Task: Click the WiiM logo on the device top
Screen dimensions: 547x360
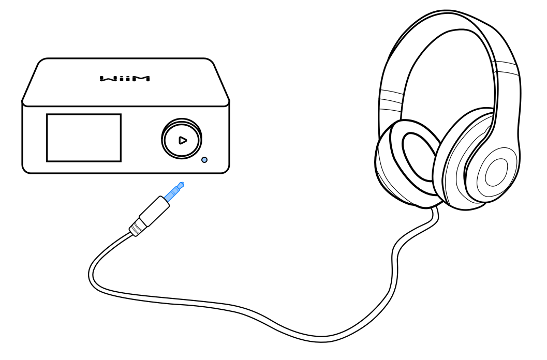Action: coord(125,79)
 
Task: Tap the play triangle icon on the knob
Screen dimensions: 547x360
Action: coord(182,140)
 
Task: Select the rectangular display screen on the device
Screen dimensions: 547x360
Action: coord(84,138)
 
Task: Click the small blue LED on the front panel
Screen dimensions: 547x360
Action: coord(204,160)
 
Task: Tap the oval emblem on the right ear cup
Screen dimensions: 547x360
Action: coord(496,173)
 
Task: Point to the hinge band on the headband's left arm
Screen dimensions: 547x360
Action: coord(391,98)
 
